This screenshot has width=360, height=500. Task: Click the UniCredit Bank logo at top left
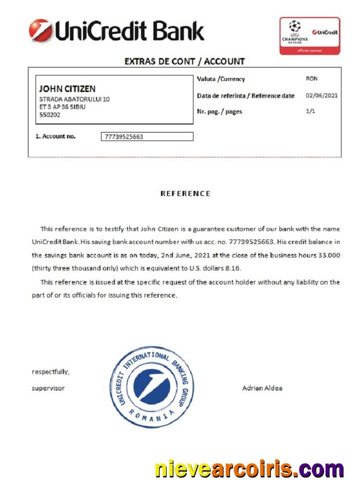tap(116, 30)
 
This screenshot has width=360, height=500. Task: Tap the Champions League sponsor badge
tap(309, 36)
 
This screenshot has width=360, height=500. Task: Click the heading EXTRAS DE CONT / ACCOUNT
tap(184, 61)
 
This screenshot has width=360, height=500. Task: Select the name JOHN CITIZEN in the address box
tap(67, 89)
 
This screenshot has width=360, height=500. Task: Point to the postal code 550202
tap(49, 114)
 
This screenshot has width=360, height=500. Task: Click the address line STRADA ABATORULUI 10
tap(74, 99)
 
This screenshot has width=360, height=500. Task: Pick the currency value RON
tap(311, 79)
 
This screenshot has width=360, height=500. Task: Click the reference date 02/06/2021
tap(321, 95)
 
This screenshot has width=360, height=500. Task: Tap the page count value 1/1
tap(310, 111)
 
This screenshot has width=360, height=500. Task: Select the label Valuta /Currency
tap(221, 79)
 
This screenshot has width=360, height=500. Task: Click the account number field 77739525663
tap(147, 136)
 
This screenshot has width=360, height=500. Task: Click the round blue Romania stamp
tap(150, 387)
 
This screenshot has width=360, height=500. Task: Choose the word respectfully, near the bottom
tap(50, 371)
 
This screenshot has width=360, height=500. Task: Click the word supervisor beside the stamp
tap(48, 388)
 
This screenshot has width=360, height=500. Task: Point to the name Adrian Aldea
tap(262, 388)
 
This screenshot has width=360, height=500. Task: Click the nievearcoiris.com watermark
tap(249, 469)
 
